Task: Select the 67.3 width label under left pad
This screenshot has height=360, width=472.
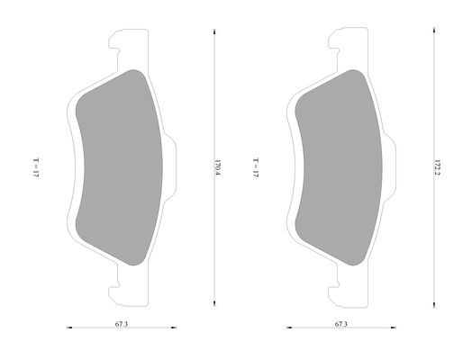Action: click(x=122, y=324)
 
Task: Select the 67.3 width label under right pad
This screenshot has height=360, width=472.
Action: click(x=341, y=324)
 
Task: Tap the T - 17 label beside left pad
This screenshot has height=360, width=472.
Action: click(x=36, y=167)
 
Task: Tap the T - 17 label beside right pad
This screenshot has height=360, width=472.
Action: click(x=255, y=167)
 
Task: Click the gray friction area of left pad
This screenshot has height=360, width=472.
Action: click(x=119, y=167)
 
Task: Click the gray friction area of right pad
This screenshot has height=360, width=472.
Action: click(x=339, y=167)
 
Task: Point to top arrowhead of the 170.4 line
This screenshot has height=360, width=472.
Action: click(x=214, y=31)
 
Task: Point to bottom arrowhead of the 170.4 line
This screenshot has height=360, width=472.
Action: click(x=214, y=303)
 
